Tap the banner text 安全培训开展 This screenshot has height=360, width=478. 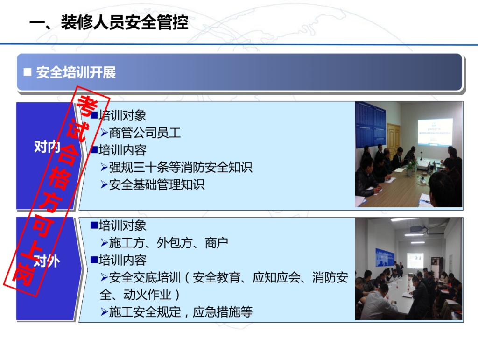(76, 72)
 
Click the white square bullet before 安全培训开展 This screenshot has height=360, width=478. (28, 72)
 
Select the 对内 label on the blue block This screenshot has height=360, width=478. (47, 147)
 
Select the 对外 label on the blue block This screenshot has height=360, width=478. (47, 261)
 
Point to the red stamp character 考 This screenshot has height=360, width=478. (87, 106)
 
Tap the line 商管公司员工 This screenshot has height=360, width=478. (145, 133)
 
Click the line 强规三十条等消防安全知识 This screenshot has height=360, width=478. (181, 167)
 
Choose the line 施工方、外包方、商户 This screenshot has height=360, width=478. (169, 243)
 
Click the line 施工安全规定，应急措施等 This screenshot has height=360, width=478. (181, 312)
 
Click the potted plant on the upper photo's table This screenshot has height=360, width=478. (411, 166)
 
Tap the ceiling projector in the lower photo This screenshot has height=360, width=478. (416, 229)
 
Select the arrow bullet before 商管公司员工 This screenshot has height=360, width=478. (104, 133)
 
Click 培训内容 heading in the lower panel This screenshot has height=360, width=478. (122, 261)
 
